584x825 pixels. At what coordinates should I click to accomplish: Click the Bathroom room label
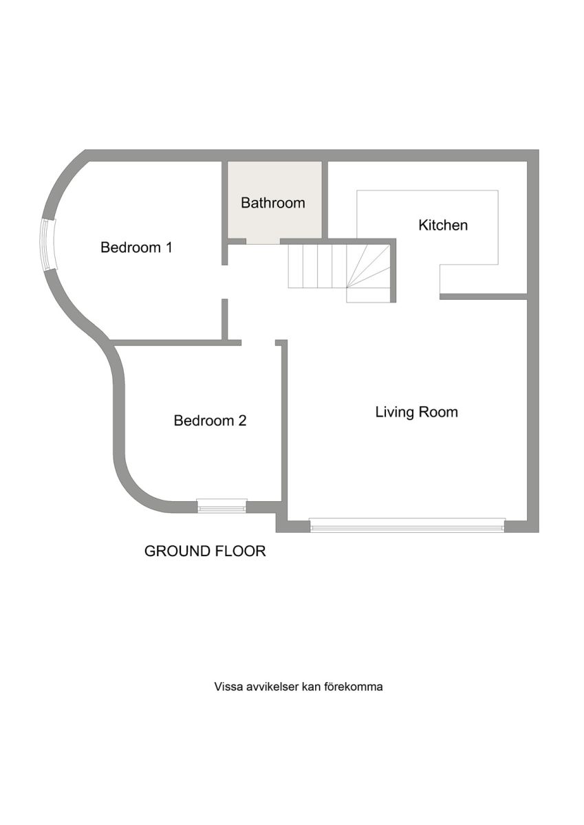pyautogui.click(x=273, y=203)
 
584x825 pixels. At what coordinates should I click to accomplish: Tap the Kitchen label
pyautogui.click(x=443, y=225)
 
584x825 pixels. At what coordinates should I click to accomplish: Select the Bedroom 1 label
pyautogui.click(x=136, y=247)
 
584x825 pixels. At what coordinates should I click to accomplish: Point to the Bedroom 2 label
pyautogui.click(x=210, y=420)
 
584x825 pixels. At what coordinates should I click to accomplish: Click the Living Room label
pyautogui.click(x=416, y=412)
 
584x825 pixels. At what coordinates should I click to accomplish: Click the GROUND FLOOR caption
pyautogui.click(x=205, y=551)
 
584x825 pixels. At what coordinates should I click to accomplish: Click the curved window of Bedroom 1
pyautogui.click(x=47, y=245)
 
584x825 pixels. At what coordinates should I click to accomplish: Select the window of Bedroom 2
pyautogui.click(x=221, y=505)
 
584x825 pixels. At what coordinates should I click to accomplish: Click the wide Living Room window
pyautogui.click(x=407, y=525)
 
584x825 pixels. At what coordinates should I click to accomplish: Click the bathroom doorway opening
pyautogui.click(x=263, y=241)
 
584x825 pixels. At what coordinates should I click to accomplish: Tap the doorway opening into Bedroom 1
pyautogui.click(x=224, y=282)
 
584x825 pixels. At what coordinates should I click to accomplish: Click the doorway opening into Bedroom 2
pyautogui.click(x=258, y=342)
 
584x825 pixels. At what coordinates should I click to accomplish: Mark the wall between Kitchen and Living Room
pyautogui.click(x=484, y=296)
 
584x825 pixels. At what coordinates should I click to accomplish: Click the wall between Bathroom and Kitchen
pyautogui.click(x=325, y=200)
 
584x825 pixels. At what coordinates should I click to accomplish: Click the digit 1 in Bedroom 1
pyautogui.click(x=169, y=247)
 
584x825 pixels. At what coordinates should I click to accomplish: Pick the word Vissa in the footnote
pyautogui.click(x=225, y=687)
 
